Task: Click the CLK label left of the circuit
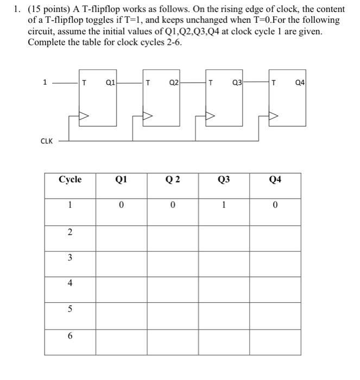tap(47, 141)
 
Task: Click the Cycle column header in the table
tap(70, 180)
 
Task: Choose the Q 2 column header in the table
tap(173, 180)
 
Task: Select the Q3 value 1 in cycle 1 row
tap(224, 205)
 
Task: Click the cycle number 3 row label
tap(70, 258)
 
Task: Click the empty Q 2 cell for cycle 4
tap(173, 283)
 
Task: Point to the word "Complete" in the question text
tap(47, 42)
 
